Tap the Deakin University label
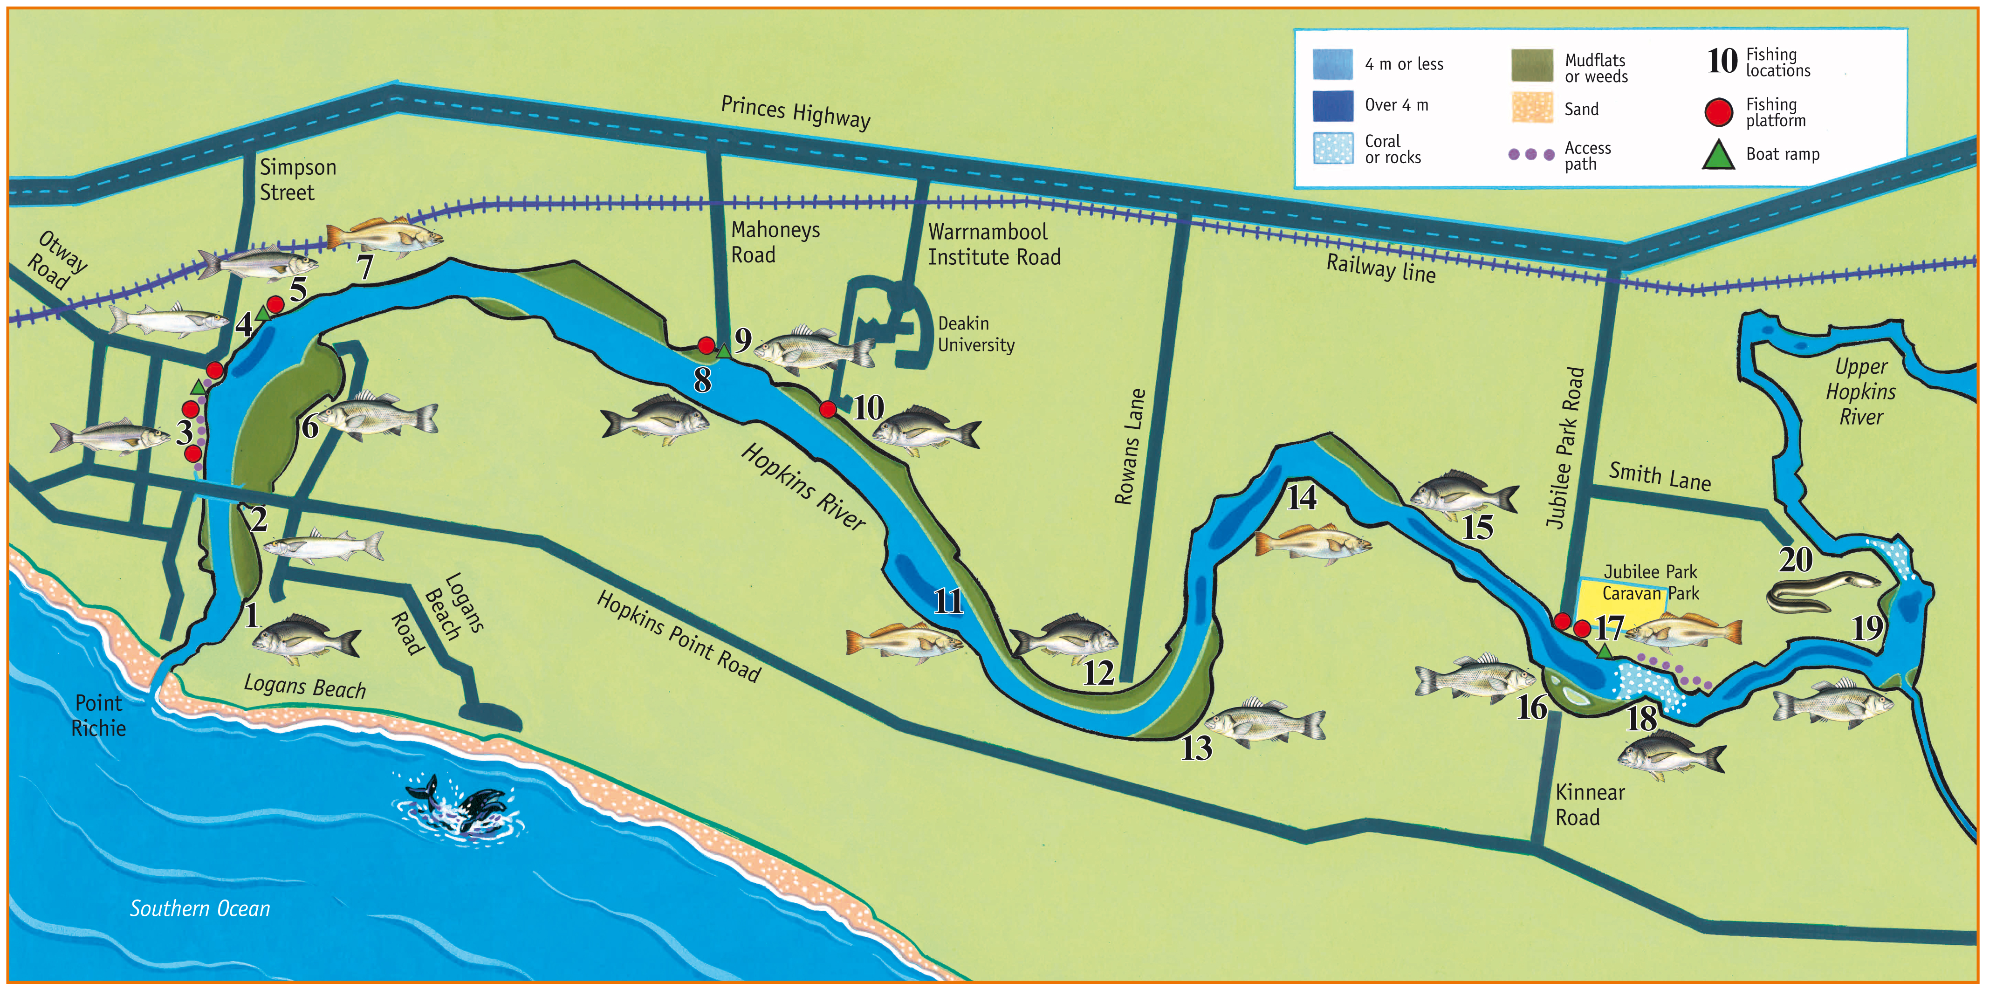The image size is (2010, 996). point(975,334)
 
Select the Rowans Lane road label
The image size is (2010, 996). point(1129,446)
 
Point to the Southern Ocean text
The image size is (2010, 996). point(200,908)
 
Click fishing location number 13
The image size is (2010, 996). point(1195,748)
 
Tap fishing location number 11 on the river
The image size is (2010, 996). point(948,601)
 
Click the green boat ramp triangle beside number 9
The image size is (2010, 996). point(724,352)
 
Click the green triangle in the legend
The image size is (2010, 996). point(1718,155)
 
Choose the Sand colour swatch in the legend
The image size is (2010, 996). point(1532,108)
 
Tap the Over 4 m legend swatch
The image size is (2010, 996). point(1333,105)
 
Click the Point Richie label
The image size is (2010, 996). point(98,715)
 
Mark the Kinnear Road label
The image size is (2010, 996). point(1589,805)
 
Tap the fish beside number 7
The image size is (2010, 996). point(384,236)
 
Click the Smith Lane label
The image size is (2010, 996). point(1659,476)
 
